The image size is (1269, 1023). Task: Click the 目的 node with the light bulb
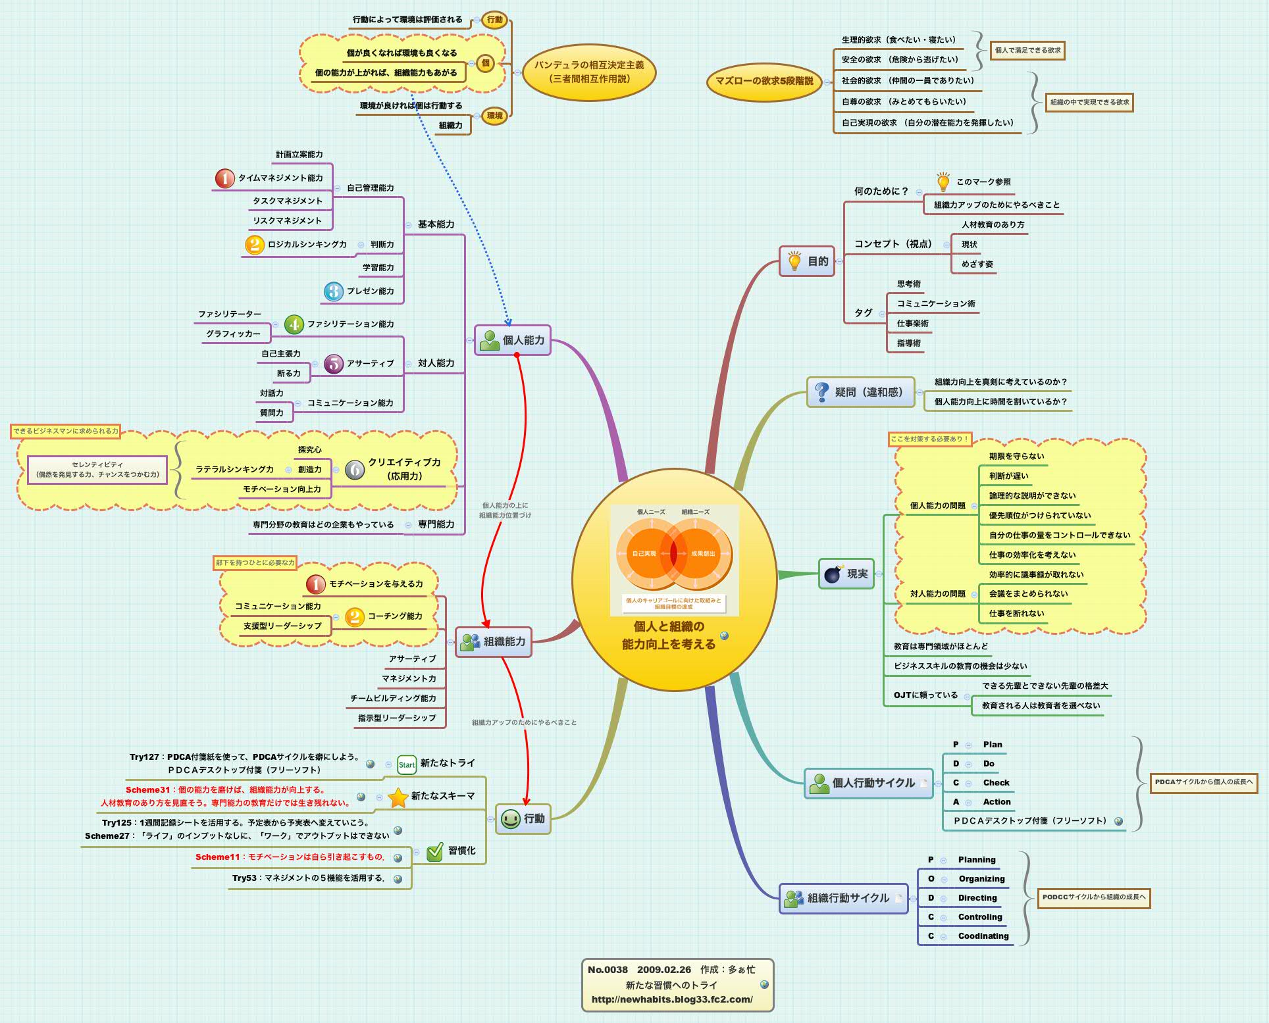click(x=807, y=261)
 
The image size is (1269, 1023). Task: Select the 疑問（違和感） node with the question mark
click(x=860, y=392)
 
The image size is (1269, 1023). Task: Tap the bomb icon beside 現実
click(x=833, y=574)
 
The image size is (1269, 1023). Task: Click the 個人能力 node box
click(x=513, y=340)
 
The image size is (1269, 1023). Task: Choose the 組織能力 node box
click(x=494, y=641)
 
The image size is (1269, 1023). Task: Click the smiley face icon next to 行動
click(x=510, y=818)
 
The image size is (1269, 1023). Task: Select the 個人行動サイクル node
click(x=868, y=783)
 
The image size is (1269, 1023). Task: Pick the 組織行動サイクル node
click(x=843, y=898)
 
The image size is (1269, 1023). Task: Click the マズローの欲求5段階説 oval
click(x=764, y=81)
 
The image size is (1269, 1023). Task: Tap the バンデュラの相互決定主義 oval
click(x=589, y=72)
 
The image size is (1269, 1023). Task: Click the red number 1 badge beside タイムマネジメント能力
click(x=225, y=178)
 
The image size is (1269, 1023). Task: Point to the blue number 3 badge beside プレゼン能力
click(x=334, y=291)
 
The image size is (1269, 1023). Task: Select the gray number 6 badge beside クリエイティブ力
click(x=355, y=469)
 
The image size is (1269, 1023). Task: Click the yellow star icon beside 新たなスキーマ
click(x=398, y=797)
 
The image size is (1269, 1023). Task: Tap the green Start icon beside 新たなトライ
click(x=407, y=764)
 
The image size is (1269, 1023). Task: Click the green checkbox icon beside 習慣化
click(x=435, y=851)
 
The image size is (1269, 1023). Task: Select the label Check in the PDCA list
click(x=996, y=783)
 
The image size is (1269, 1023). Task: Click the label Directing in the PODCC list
click(x=977, y=898)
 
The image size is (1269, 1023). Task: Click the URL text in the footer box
click(x=672, y=999)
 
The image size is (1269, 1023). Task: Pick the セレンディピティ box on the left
click(x=97, y=469)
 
